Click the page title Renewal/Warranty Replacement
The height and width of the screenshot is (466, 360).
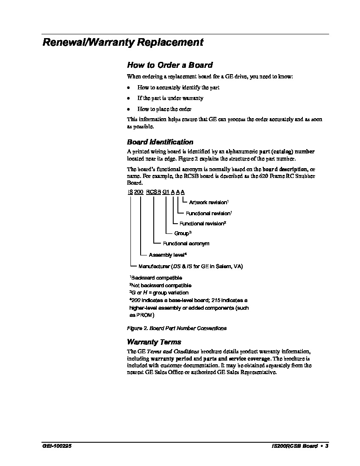pos(123,42)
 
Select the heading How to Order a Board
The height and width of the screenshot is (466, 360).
pos(169,65)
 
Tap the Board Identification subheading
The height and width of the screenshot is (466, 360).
pos(160,142)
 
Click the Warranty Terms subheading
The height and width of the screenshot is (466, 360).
pos(154,342)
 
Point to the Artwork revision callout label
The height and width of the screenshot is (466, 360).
pos(209,202)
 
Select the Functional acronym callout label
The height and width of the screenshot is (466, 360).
pos(186,244)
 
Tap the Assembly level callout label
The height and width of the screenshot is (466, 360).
pos(168,255)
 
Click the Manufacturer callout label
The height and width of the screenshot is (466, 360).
pos(191,266)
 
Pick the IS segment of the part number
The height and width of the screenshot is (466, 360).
pos(130,192)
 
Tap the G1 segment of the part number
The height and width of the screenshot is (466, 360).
pos(166,192)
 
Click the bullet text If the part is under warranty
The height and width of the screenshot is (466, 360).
pos(170,98)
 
